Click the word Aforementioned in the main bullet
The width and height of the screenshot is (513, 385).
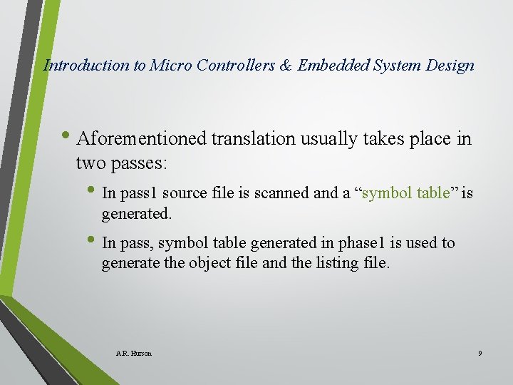point(141,138)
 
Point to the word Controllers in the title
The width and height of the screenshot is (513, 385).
point(234,66)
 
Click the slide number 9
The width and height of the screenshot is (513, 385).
point(480,353)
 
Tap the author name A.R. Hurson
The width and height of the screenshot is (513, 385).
point(133,353)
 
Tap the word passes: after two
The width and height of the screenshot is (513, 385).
point(139,163)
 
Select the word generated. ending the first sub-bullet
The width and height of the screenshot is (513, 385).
point(137,213)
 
